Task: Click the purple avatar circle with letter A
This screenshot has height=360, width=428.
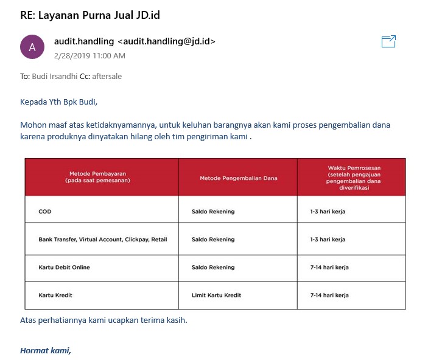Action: click(32, 47)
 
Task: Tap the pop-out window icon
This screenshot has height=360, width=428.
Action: click(388, 41)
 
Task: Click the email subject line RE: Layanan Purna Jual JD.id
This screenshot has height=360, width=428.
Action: click(90, 15)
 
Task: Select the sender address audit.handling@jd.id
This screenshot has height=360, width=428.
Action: click(166, 41)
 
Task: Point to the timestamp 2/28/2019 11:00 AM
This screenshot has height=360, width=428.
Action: click(89, 55)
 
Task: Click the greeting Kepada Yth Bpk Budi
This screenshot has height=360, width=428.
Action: click(58, 101)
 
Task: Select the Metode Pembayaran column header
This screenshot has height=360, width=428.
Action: click(101, 177)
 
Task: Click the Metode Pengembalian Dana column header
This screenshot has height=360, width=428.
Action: click(238, 178)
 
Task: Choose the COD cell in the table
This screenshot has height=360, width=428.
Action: click(44, 212)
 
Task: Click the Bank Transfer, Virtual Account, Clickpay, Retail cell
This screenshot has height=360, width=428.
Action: click(102, 240)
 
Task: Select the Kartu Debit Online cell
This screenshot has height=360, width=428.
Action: click(64, 267)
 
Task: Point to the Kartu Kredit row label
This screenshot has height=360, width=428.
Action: click(55, 295)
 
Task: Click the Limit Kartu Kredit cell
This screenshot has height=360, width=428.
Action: click(216, 295)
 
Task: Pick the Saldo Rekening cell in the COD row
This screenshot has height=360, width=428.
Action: click(212, 212)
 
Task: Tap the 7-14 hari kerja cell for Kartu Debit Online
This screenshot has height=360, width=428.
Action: click(329, 267)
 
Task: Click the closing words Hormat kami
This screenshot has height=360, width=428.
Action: click(46, 350)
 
